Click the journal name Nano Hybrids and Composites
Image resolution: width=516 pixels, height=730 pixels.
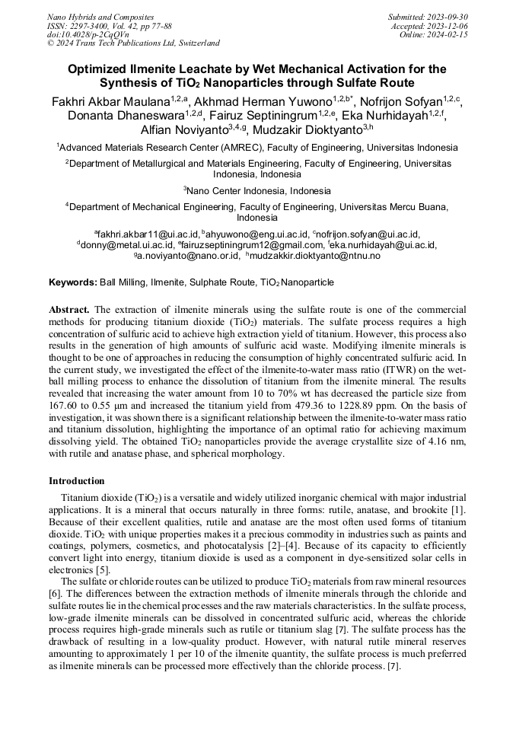point(100,17)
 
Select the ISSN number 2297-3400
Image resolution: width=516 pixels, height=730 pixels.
point(85,26)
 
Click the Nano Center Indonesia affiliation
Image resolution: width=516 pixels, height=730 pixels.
point(259,190)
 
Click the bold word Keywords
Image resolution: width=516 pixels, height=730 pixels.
point(72,282)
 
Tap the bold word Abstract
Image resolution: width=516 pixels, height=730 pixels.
point(69,310)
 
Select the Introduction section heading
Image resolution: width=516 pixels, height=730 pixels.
point(77,481)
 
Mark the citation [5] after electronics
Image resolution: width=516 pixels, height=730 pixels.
point(103,569)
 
